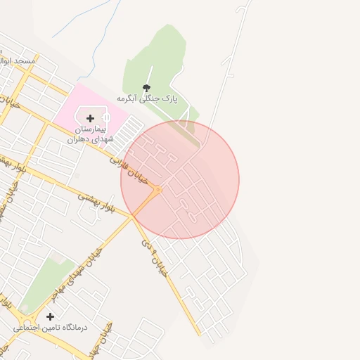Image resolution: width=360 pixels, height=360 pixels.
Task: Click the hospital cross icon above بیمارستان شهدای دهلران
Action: click(90, 118)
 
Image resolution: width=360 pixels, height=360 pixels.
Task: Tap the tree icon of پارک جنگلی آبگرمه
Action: click(146, 88)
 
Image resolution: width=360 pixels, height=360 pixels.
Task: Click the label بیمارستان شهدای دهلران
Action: click(90, 135)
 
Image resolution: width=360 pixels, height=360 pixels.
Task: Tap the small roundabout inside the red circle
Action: click(158, 190)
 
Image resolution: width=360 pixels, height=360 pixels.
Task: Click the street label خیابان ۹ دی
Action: click(155, 257)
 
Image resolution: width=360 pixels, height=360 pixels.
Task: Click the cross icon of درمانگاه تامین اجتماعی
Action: click(50, 316)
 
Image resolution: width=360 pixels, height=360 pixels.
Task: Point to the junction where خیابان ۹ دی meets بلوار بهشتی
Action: click(131, 218)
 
